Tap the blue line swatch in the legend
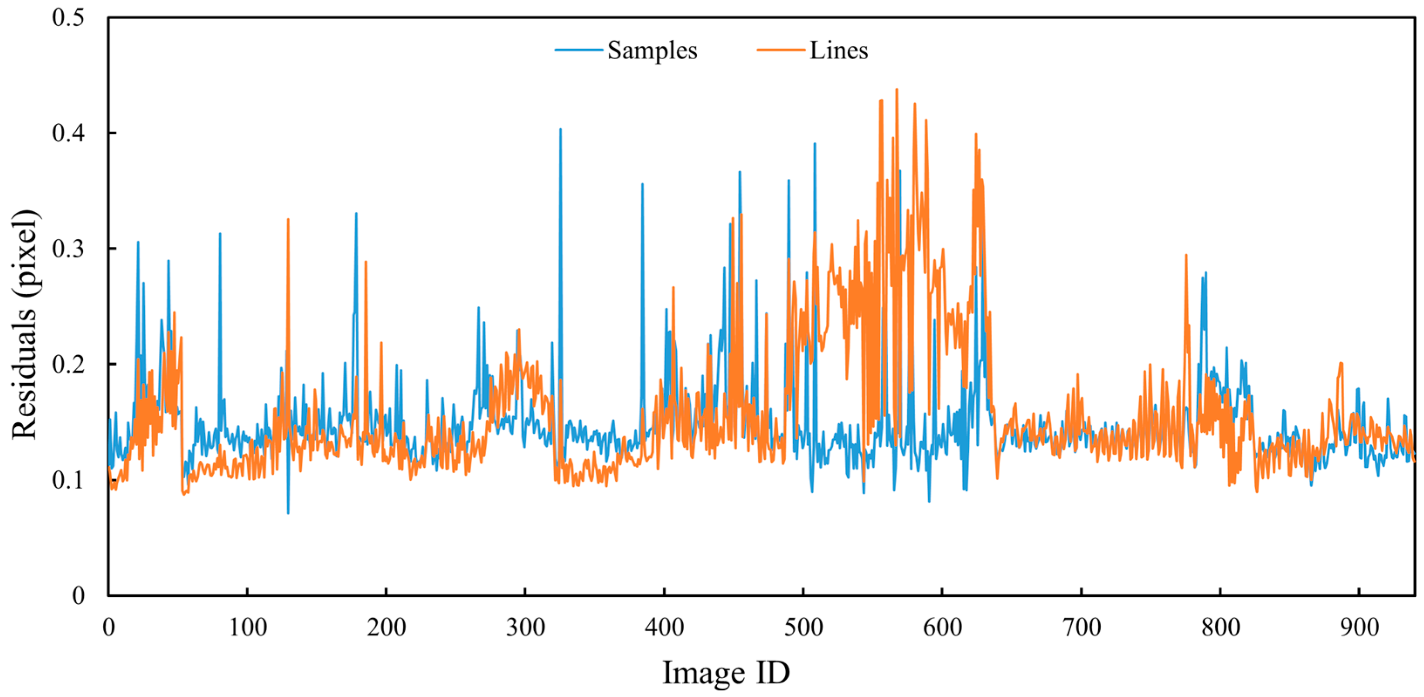pos(578,50)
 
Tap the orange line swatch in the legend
pos(780,50)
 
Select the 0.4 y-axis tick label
pos(68,133)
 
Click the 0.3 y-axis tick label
pos(68,249)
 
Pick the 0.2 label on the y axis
pos(68,364)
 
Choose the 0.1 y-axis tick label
pos(68,480)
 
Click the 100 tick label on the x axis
pos(247,627)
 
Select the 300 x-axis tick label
pos(525,627)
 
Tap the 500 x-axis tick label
pos(803,627)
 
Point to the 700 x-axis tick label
pos(1081,627)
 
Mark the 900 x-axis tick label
pos(1359,627)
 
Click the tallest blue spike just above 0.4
pos(561,130)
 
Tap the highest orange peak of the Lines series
pos(896,89)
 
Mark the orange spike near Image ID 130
pos(288,220)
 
